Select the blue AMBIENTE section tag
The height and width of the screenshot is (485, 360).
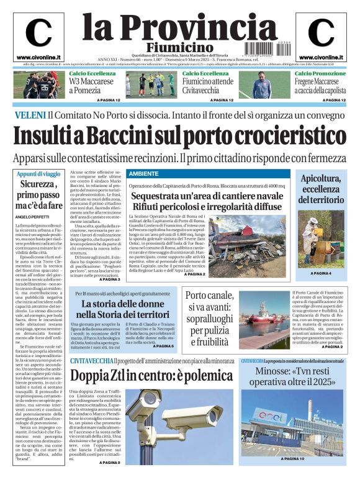pyautogui.click(x=143, y=174)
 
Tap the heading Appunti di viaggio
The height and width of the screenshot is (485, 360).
pyautogui.click(x=38, y=175)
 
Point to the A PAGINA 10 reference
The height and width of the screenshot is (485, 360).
pyautogui.click(x=293, y=476)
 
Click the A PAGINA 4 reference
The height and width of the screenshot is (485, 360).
pyautogui.click(x=322, y=273)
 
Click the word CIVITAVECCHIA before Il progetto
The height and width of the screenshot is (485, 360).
pyautogui.click(x=91, y=361)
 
